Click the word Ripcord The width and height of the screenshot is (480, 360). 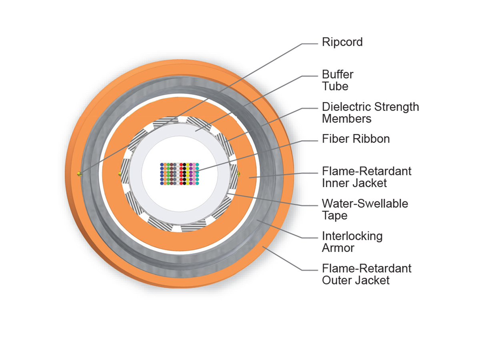point(342,42)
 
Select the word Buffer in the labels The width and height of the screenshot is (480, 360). point(338,74)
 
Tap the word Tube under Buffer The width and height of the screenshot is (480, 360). point(335,86)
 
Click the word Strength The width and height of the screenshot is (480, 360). point(397,107)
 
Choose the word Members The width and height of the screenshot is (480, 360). point(346,119)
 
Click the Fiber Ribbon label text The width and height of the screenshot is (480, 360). point(356,139)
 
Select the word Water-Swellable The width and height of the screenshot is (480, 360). point(365,203)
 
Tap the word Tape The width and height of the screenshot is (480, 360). point(334,216)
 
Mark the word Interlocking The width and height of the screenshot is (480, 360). point(352,236)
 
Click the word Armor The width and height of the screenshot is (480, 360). point(338,248)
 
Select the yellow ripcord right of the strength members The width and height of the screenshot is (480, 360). point(239,174)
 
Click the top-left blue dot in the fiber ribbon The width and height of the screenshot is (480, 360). point(162,164)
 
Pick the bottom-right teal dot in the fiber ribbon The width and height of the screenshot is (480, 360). point(197,183)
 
